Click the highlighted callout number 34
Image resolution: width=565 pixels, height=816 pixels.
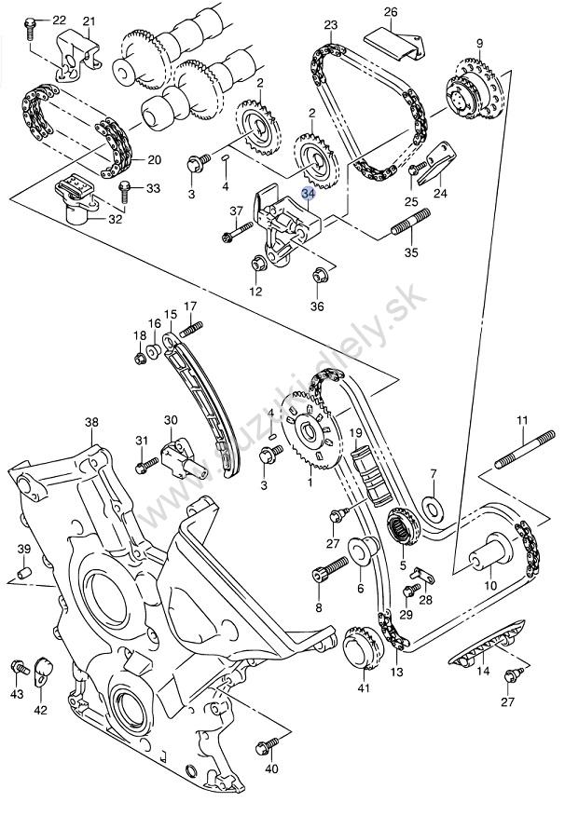(x=309, y=194)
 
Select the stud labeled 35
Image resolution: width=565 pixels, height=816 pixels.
(x=411, y=223)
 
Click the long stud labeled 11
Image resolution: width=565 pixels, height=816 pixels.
(x=525, y=449)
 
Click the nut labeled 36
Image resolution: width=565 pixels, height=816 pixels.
(x=319, y=276)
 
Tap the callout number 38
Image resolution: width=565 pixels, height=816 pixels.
(x=91, y=422)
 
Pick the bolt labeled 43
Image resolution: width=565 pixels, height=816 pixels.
(x=19, y=666)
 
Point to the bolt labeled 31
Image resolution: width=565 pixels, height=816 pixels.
(x=146, y=464)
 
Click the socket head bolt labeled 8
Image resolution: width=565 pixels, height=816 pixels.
(x=329, y=569)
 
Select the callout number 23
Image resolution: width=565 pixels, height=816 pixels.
(x=331, y=25)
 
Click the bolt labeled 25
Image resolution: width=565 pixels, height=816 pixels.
(x=417, y=169)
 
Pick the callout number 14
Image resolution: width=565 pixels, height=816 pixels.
(x=483, y=671)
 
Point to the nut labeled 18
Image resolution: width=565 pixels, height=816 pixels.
(x=139, y=358)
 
